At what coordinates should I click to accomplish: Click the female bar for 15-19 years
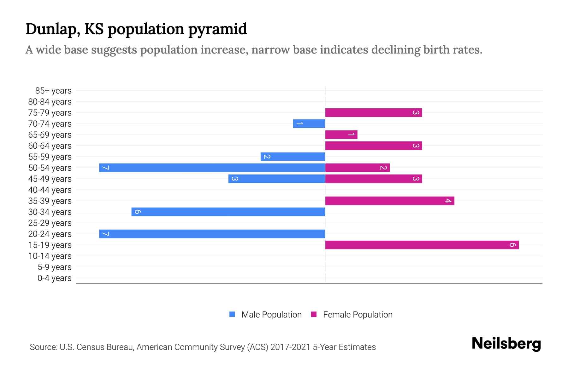tap(422, 245)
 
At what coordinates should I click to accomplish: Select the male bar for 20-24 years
tap(212, 234)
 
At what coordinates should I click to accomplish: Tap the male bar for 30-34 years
tap(228, 212)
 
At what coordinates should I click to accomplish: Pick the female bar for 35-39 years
tap(390, 201)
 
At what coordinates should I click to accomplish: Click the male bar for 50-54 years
tap(212, 168)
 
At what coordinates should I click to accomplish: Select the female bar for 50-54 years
tap(357, 168)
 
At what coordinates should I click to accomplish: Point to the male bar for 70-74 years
tap(309, 123)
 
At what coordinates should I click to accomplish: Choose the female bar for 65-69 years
tap(341, 135)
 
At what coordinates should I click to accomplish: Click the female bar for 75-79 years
tap(374, 112)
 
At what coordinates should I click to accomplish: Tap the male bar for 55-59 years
tap(293, 157)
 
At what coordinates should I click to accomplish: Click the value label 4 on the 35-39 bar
tap(448, 201)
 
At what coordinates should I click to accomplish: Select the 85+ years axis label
tap(53, 91)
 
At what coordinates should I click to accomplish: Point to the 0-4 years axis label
tap(54, 278)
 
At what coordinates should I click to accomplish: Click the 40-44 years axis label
tap(50, 190)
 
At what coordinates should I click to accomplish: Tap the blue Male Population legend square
tap(232, 314)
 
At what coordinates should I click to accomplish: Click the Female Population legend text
tap(358, 315)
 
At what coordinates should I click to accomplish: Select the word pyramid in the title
tap(218, 29)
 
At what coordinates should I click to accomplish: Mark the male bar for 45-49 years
tap(277, 179)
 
